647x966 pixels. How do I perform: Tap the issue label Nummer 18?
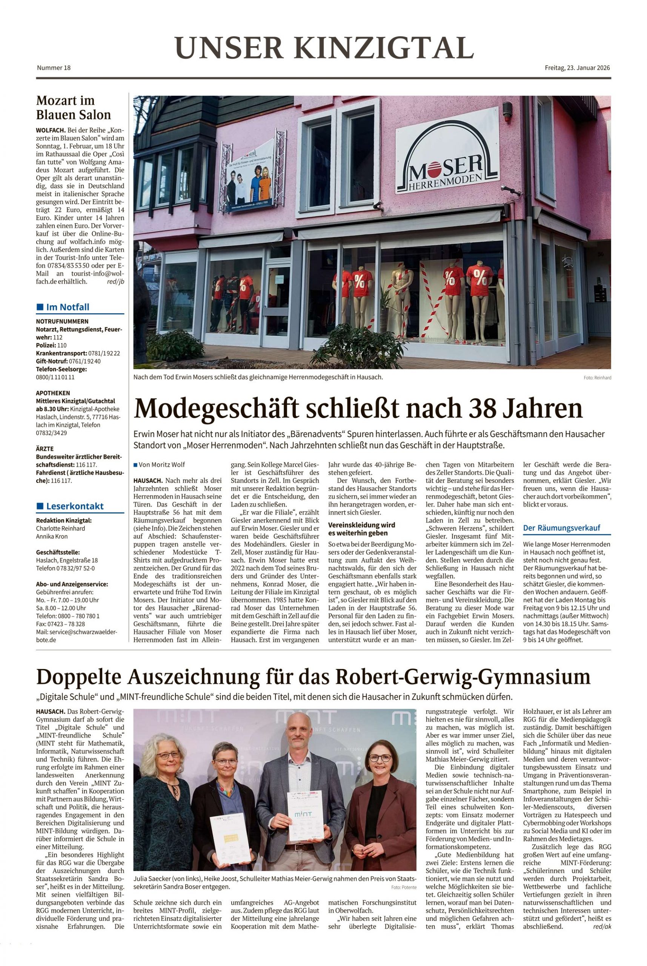click(54, 68)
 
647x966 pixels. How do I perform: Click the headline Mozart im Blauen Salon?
click(74, 107)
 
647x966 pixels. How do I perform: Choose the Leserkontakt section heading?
click(75, 506)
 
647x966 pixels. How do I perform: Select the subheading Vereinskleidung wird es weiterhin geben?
click(361, 529)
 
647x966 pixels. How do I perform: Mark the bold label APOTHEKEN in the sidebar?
click(53, 393)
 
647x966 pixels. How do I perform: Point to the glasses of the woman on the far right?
click(380, 758)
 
